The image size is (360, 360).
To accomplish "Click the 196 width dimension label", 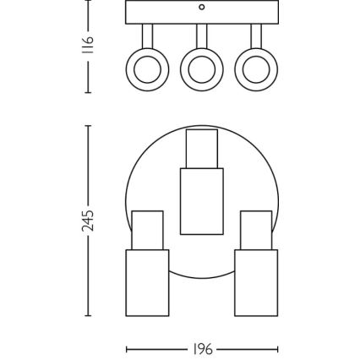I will click(x=203, y=348).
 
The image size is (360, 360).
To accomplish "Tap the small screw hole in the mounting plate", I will click(x=201, y=7).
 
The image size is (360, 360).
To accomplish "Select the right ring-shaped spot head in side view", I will click(x=254, y=74).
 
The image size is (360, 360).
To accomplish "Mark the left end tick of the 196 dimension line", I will click(x=126, y=348).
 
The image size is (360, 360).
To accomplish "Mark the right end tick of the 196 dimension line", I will click(x=277, y=348).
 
